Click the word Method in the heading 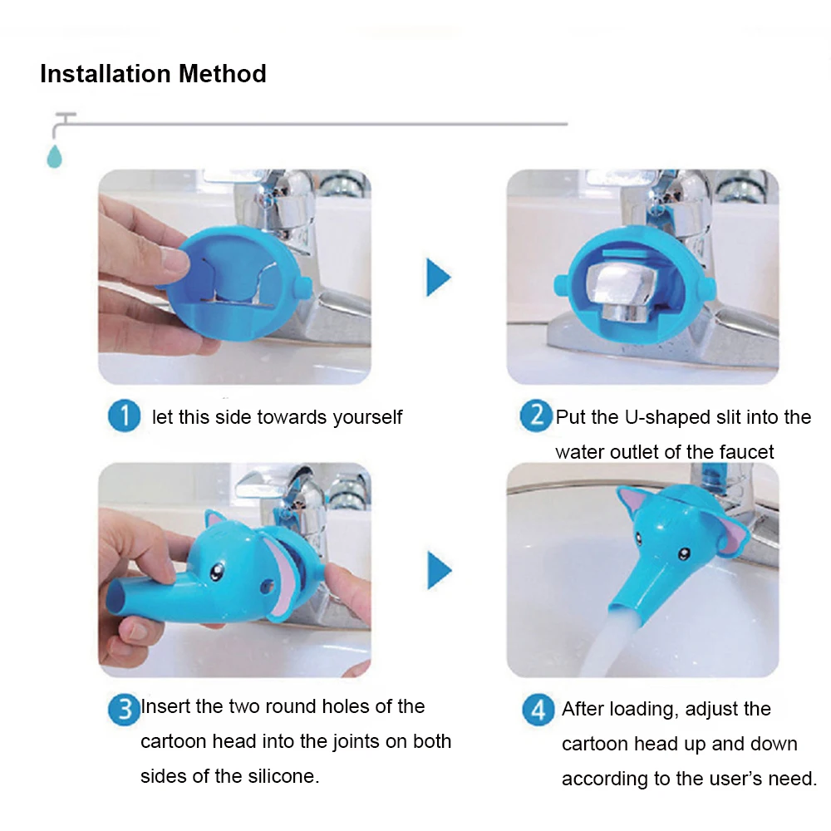point(223,74)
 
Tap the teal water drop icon point(54,156)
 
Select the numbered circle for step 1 point(124,416)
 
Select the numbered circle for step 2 point(536,416)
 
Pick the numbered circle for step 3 point(124,709)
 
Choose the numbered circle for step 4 point(538,709)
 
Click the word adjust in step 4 point(709,710)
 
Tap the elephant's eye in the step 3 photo point(216,572)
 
